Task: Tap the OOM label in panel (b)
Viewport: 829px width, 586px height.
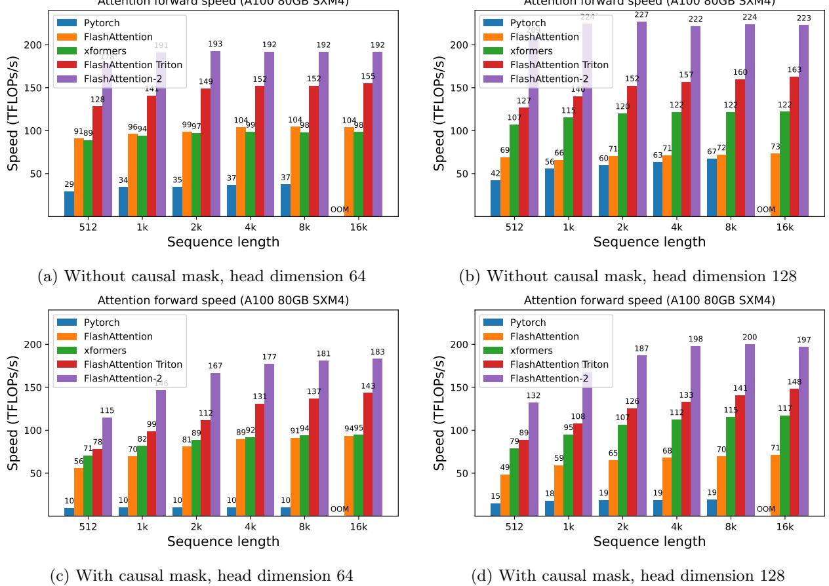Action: [765, 210]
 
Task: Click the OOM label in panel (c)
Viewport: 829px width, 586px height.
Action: [339, 509]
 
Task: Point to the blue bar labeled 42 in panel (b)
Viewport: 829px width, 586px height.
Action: [495, 198]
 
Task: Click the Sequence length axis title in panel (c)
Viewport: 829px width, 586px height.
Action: [223, 541]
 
